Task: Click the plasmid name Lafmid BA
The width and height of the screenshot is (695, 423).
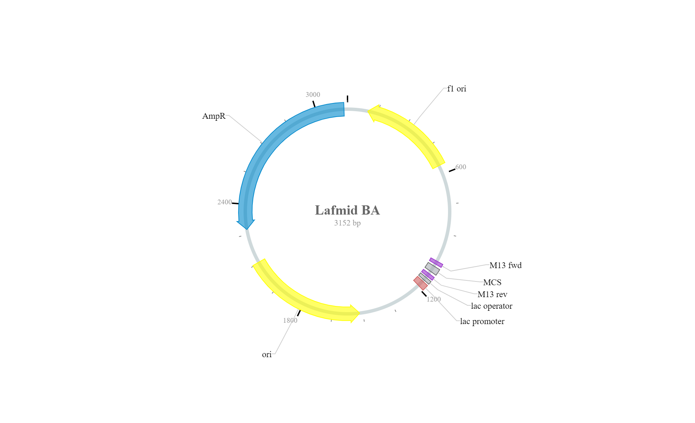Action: pyautogui.click(x=347, y=210)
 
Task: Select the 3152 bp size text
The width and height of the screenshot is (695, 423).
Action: pyautogui.click(x=347, y=223)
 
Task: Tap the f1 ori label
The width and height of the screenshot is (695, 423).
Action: pyautogui.click(x=457, y=89)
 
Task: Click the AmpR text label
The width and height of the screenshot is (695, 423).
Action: pyautogui.click(x=214, y=116)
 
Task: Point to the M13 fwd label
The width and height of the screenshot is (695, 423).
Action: pyautogui.click(x=506, y=265)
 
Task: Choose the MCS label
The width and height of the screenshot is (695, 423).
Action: pyautogui.click(x=492, y=282)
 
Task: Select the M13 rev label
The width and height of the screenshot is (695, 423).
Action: pyautogui.click(x=492, y=294)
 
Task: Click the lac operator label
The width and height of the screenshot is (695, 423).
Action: pyautogui.click(x=492, y=306)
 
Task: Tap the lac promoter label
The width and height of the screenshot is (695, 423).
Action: pyautogui.click(x=482, y=321)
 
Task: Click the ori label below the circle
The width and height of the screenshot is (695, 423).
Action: pyautogui.click(x=267, y=355)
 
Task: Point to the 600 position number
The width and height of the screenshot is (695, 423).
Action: pyautogui.click(x=461, y=167)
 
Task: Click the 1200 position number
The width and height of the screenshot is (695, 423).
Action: pyautogui.click(x=434, y=299)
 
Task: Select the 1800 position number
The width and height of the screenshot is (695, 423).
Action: pyautogui.click(x=290, y=320)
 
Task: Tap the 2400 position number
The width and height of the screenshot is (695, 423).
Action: pyautogui.click(x=225, y=202)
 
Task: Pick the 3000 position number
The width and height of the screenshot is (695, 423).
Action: pyautogui.click(x=313, y=94)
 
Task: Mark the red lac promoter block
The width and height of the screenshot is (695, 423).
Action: pyautogui.click(x=420, y=283)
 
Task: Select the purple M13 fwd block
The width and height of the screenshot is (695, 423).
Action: pyautogui.click(x=436, y=263)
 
